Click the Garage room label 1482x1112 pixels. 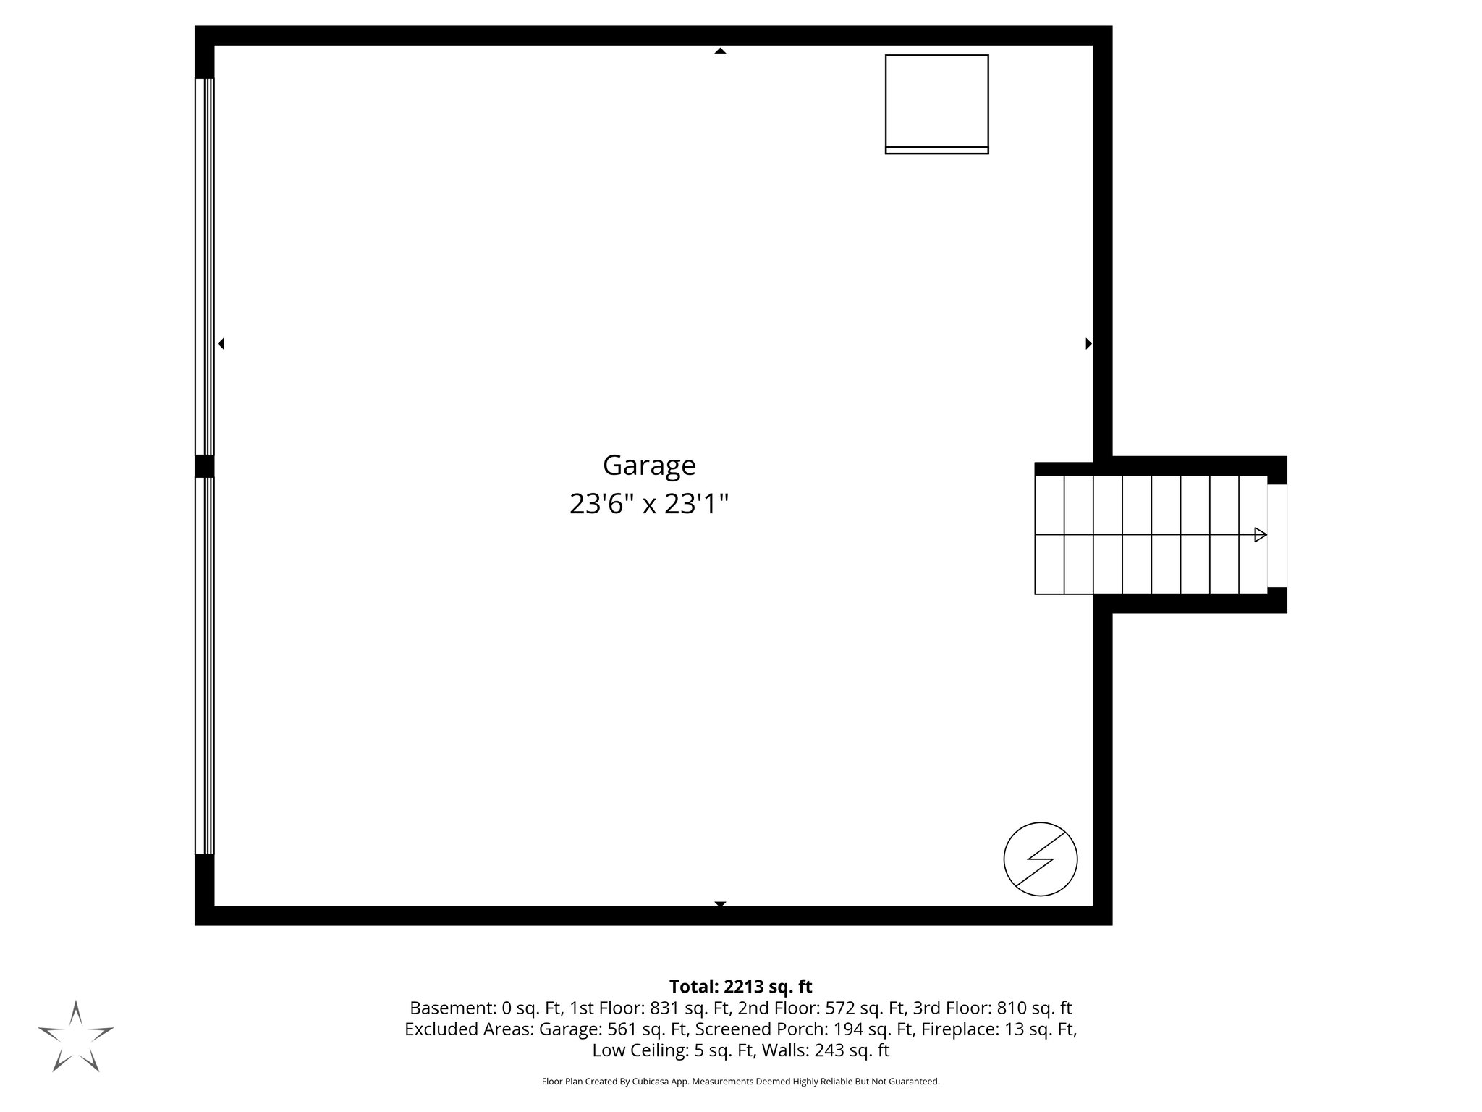click(x=649, y=466)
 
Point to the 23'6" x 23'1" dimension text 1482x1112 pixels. click(x=648, y=504)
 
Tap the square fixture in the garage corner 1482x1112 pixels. click(x=936, y=104)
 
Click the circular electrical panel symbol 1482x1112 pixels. click(x=1040, y=859)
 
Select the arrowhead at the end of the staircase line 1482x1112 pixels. click(x=1260, y=535)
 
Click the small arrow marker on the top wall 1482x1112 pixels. click(x=720, y=51)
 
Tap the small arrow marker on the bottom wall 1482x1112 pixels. click(x=720, y=904)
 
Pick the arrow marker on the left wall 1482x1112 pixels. click(x=221, y=344)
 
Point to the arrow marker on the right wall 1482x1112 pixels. click(x=1088, y=344)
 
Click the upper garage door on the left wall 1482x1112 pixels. click(x=205, y=266)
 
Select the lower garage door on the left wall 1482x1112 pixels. click(x=205, y=666)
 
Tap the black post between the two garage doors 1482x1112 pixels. click(x=205, y=466)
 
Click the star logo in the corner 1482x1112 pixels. click(x=75, y=1036)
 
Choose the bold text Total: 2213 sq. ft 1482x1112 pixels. click(x=740, y=987)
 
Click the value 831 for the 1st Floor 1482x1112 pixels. click(x=664, y=1008)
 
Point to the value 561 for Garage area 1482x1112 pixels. click(x=622, y=1029)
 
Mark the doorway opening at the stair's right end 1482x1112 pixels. click(x=1277, y=535)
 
